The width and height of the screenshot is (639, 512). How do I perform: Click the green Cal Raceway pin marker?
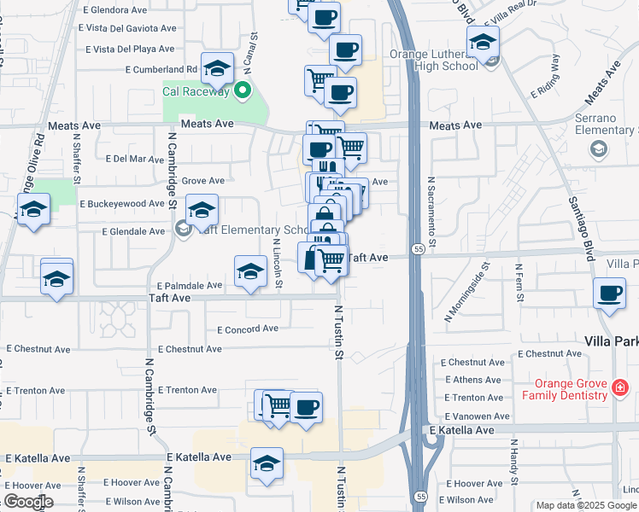(x=243, y=89)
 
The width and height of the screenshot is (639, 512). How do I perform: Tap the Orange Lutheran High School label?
(x=432, y=60)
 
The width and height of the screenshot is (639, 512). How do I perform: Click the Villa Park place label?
(x=610, y=340)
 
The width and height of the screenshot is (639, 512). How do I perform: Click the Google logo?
(x=27, y=502)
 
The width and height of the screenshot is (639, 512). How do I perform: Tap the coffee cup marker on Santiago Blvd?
(x=609, y=293)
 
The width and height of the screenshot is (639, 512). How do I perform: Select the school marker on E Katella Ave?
(x=267, y=465)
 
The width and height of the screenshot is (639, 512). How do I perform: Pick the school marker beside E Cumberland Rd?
(x=217, y=67)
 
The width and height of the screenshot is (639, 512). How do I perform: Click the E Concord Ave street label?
(x=248, y=329)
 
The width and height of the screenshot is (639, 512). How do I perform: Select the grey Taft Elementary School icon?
(x=182, y=229)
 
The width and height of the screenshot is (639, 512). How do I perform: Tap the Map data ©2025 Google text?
(x=586, y=505)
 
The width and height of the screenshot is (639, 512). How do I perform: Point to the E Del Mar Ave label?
(x=133, y=159)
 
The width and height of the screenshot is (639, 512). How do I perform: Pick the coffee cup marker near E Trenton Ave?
(x=306, y=406)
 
